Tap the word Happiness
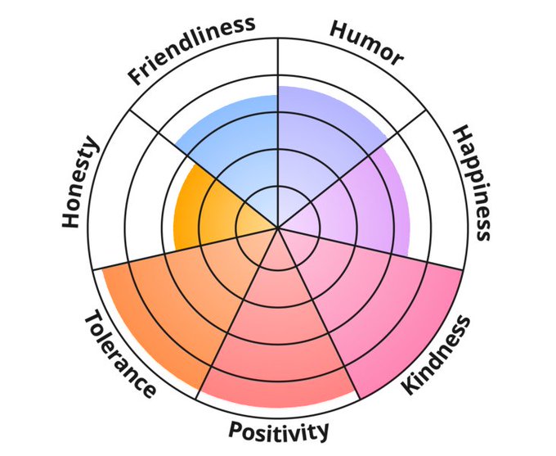point(473,183)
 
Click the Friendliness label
point(191,50)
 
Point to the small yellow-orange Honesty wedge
point(204,213)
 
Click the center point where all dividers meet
point(278,228)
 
